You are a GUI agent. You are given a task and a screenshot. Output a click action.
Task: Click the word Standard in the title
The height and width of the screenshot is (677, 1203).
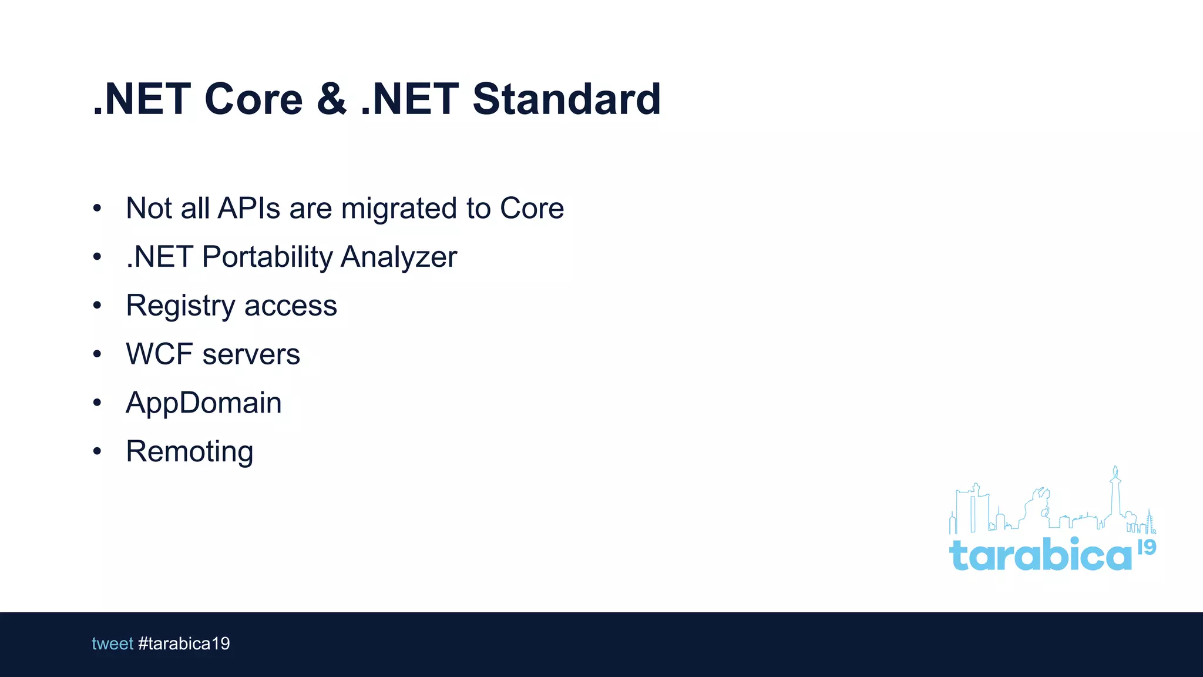tap(566, 99)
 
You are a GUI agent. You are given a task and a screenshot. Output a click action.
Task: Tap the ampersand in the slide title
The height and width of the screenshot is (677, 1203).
tap(331, 99)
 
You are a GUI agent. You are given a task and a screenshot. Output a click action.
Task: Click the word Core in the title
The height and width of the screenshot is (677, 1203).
tap(253, 99)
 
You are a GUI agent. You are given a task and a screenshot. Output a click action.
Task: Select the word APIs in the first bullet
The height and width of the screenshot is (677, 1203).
tap(248, 208)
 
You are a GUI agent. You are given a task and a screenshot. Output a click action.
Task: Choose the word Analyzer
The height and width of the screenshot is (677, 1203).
tap(398, 257)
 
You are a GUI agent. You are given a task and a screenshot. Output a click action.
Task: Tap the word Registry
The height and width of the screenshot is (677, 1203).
tap(180, 306)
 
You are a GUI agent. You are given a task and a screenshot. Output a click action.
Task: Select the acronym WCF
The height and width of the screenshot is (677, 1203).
tap(159, 354)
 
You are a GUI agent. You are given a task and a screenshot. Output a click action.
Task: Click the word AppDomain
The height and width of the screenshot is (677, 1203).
tap(203, 404)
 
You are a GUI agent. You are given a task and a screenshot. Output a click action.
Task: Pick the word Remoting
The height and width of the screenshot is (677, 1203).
tap(189, 452)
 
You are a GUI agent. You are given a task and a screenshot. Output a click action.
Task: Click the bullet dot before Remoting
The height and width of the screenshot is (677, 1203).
tap(98, 451)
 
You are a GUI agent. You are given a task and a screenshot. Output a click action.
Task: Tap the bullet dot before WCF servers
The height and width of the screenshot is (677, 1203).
tap(98, 354)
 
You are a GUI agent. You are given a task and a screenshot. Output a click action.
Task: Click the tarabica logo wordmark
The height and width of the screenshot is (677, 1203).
tap(1040, 555)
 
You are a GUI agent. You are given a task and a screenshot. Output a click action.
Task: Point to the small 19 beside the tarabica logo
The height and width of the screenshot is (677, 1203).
tap(1147, 548)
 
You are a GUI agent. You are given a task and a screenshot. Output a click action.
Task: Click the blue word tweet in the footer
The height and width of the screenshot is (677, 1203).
tap(112, 644)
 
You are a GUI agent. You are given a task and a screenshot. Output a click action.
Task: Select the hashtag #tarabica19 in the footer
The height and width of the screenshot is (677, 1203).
tap(184, 644)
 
